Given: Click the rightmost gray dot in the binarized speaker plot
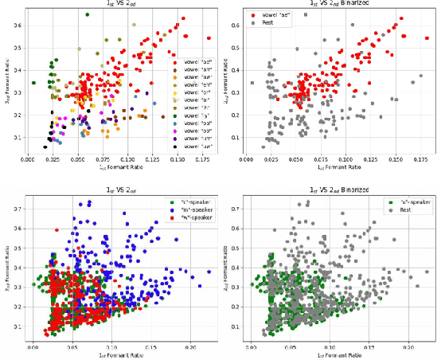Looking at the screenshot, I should tap(427, 272).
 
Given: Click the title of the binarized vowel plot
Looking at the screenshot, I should tap(330, 4).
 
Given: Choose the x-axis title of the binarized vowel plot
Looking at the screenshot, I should tap(330, 169).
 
